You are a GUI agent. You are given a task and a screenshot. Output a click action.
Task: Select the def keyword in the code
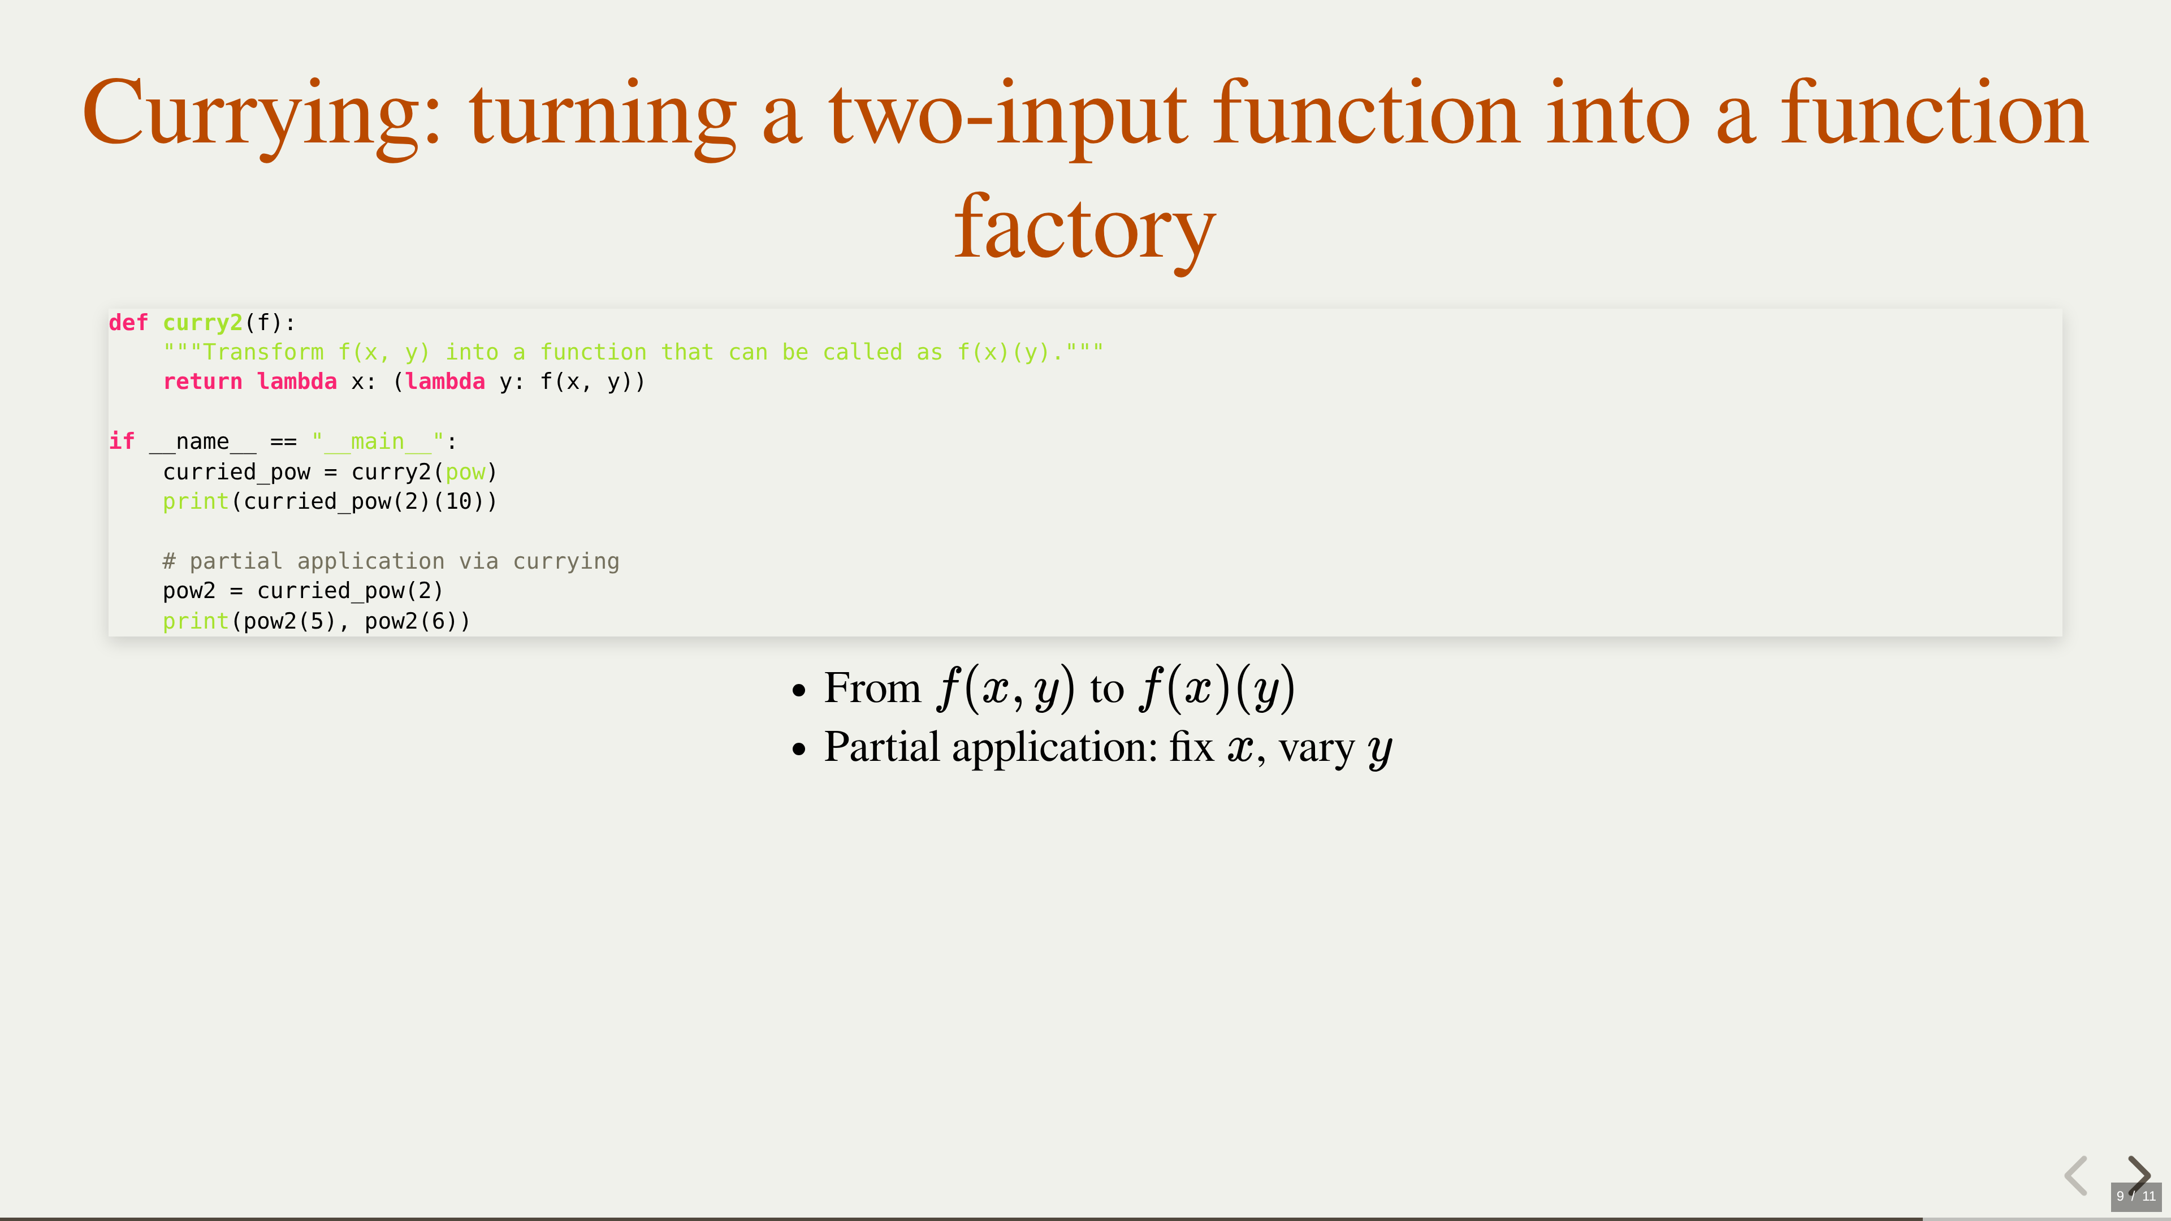point(128,323)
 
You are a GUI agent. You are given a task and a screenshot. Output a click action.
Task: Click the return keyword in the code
point(202,382)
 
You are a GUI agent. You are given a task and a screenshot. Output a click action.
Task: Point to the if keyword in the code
point(122,441)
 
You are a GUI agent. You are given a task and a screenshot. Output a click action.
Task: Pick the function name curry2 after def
point(202,323)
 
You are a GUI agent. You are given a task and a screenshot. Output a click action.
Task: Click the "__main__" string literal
point(378,441)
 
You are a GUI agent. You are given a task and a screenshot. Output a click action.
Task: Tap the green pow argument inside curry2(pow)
point(465,473)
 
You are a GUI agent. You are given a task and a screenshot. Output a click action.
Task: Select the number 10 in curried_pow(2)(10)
point(459,501)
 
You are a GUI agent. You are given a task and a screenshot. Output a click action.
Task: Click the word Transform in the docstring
point(263,352)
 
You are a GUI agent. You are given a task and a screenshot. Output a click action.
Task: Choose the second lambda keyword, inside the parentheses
point(445,382)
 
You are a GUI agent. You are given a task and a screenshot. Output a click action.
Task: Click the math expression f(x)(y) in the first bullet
point(1216,689)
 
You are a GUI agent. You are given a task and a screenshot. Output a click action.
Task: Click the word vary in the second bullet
point(1316,749)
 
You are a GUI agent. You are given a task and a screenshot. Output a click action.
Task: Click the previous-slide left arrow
point(2077,1176)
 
